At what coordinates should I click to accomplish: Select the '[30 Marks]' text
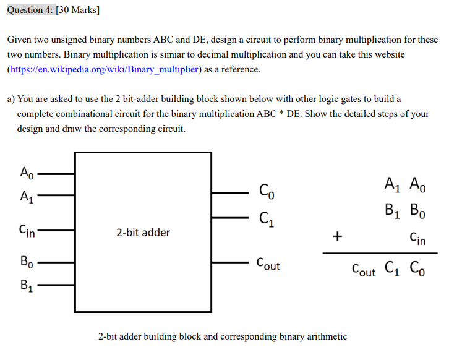coord(79,11)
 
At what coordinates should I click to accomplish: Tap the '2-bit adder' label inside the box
coord(143,233)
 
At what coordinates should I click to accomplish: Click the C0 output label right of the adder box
coord(265,191)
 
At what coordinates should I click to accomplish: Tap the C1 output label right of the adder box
coord(265,218)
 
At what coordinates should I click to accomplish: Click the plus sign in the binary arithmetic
coord(337,236)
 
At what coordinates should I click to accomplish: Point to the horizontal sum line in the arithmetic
coord(379,253)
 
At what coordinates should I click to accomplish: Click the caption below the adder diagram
coord(223,336)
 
